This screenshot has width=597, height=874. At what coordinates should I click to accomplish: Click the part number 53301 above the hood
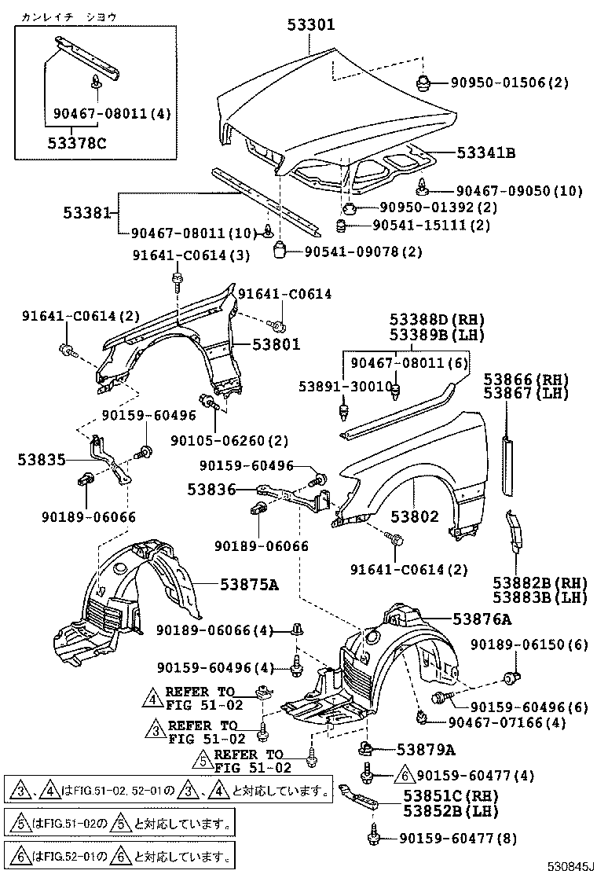[x=309, y=25]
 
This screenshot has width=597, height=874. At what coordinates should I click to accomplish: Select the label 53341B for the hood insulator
[x=485, y=153]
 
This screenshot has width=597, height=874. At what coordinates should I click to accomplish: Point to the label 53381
[x=89, y=213]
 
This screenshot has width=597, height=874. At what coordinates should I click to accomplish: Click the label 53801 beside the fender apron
[x=276, y=344]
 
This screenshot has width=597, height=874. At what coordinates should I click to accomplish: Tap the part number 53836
[x=211, y=490]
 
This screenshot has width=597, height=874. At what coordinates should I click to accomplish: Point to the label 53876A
[x=482, y=619]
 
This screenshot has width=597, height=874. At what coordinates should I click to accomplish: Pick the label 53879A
[x=426, y=749]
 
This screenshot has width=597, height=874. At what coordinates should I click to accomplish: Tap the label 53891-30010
[x=345, y=387]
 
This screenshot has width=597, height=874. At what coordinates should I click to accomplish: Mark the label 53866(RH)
[x=526, y=379]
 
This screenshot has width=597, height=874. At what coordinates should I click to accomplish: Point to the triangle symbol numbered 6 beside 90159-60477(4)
[x=405, y=775]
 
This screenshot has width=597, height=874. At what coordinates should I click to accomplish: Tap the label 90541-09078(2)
[x=362, y=252]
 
